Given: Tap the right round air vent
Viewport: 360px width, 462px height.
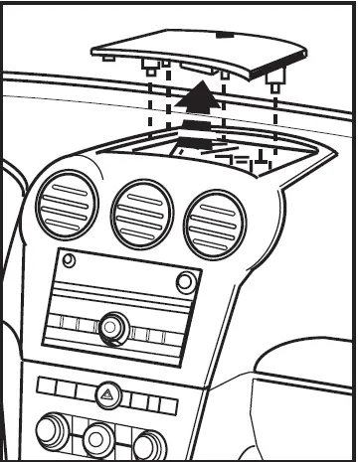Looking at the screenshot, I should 213,221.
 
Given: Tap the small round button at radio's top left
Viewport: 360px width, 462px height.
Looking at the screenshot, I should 68,262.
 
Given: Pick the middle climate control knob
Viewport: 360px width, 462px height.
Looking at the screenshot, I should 98,436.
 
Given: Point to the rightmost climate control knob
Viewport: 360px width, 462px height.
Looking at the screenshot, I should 148,442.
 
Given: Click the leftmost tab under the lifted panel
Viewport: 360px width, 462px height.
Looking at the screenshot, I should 106,58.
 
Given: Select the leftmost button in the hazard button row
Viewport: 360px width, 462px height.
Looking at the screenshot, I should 45,384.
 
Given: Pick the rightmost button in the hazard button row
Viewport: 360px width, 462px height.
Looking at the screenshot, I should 167,405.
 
